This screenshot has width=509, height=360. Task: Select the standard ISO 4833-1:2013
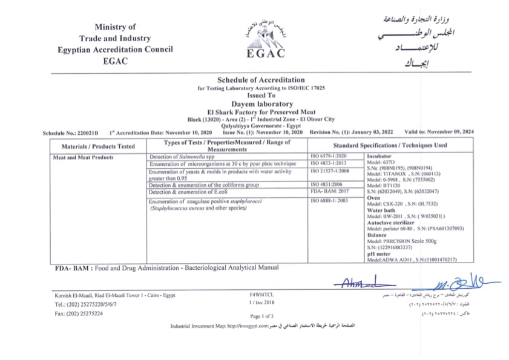(327, 164)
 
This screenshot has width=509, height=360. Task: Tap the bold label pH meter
(378, 255)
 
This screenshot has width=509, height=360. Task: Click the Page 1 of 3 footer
(261, 316)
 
